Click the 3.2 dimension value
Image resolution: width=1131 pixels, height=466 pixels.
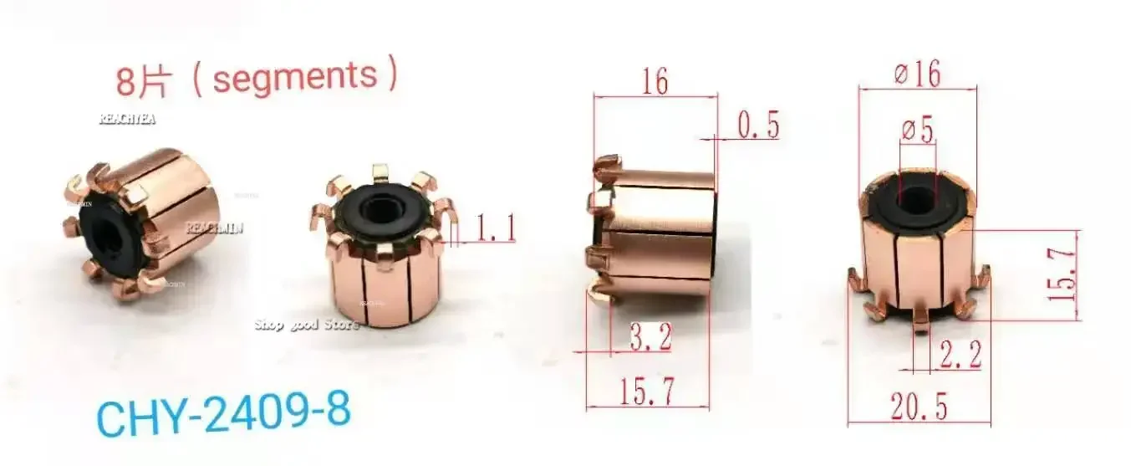coord(649,340)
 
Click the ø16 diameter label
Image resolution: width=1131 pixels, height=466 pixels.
coord(916,74)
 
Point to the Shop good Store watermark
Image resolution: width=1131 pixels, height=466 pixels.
coord(307,324)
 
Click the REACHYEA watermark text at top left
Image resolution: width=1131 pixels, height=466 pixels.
coord(127,119)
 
